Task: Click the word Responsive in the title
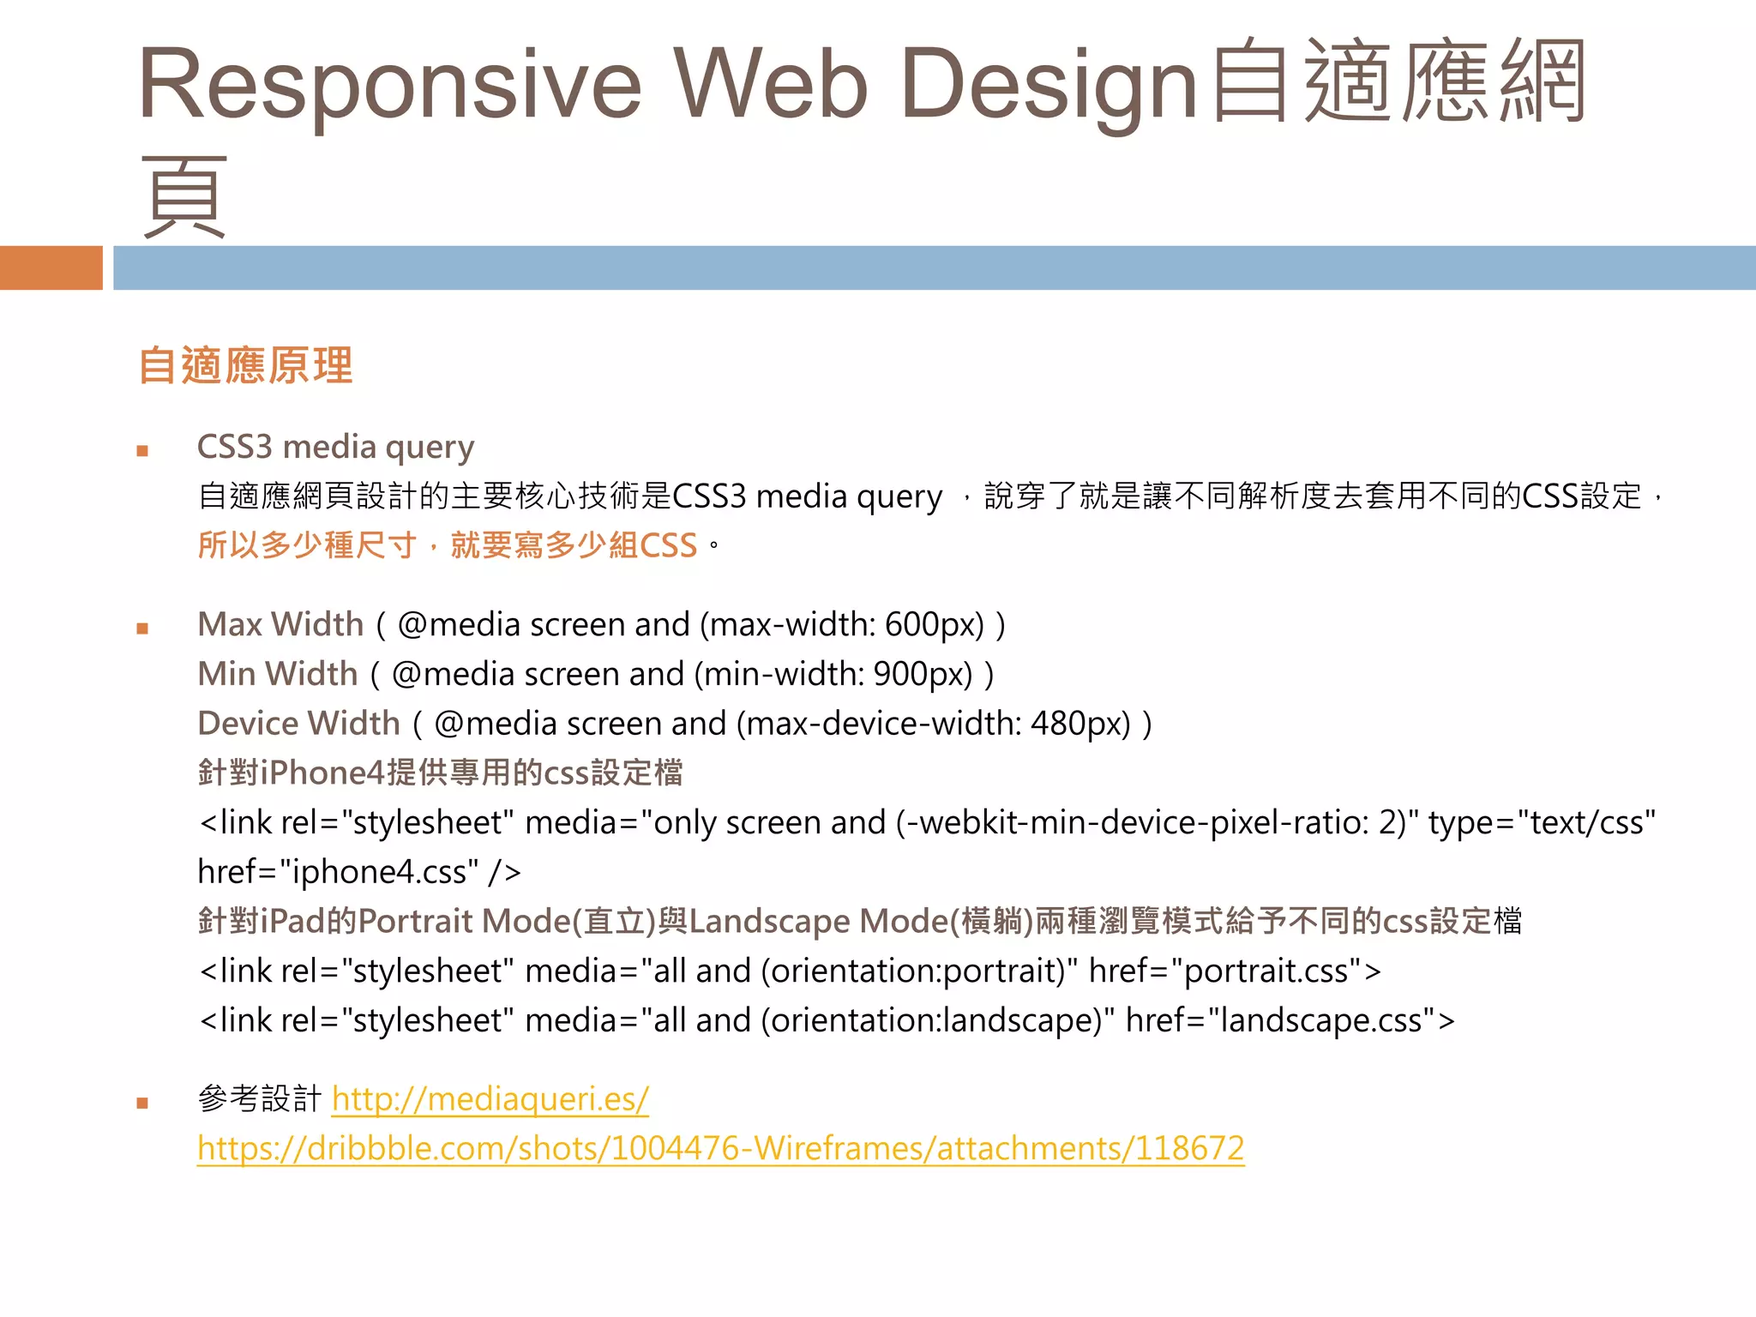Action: (390, 84)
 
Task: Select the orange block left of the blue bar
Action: (51, 268)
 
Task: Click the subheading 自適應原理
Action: (246, 366)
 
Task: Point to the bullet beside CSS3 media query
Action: (142, 451)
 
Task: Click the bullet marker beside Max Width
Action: (142, 628)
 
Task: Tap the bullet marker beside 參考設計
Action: (142, 1104)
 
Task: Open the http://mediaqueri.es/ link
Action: (490, 1099)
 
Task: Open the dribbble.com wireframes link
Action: (720, 1148)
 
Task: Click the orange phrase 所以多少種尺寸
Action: (307, 545)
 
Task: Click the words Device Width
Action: (298, 724)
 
